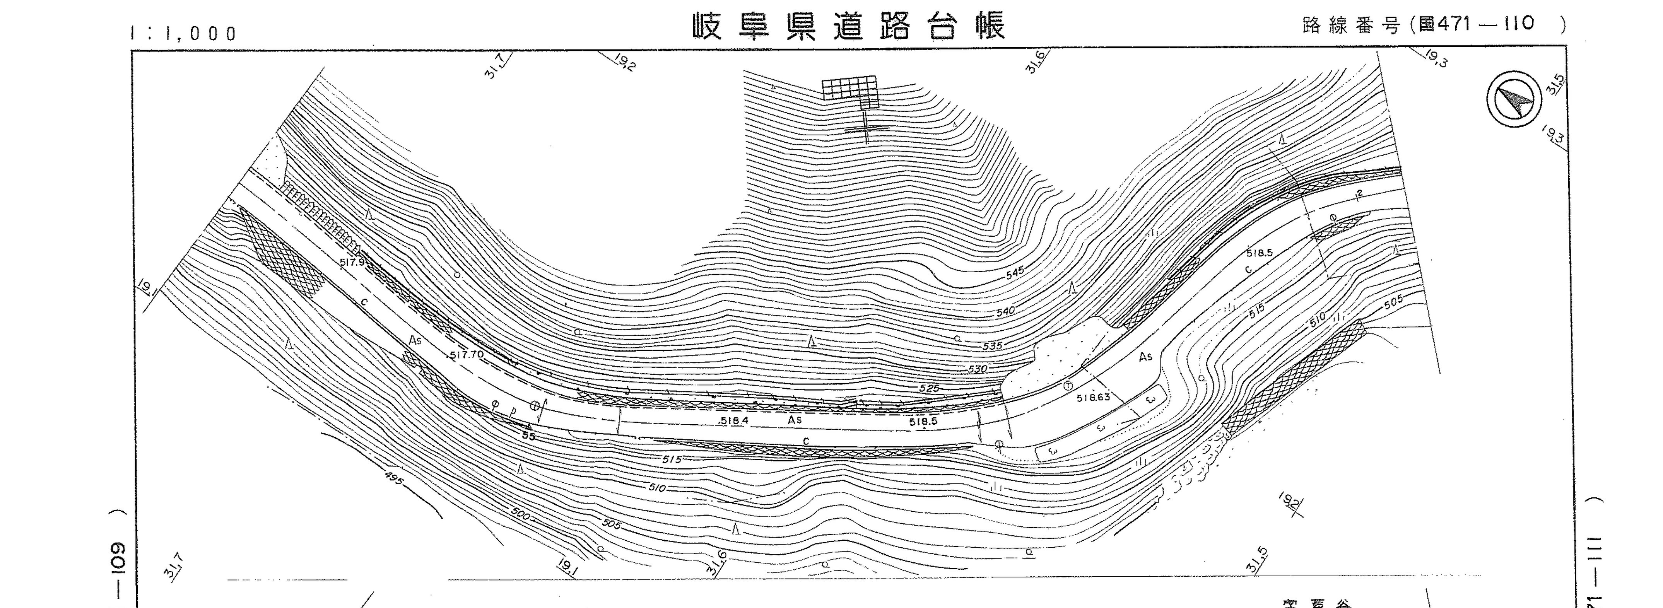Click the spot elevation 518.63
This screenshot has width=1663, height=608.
click(x=1093, y=398)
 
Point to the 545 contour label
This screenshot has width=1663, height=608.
click(x=1015, y=273)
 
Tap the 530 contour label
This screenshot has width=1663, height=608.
click(x=978, y=369)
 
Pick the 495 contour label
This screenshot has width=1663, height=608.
click(x=394, y=478)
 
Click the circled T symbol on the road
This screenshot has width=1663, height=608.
click(x=1068, y=386)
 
